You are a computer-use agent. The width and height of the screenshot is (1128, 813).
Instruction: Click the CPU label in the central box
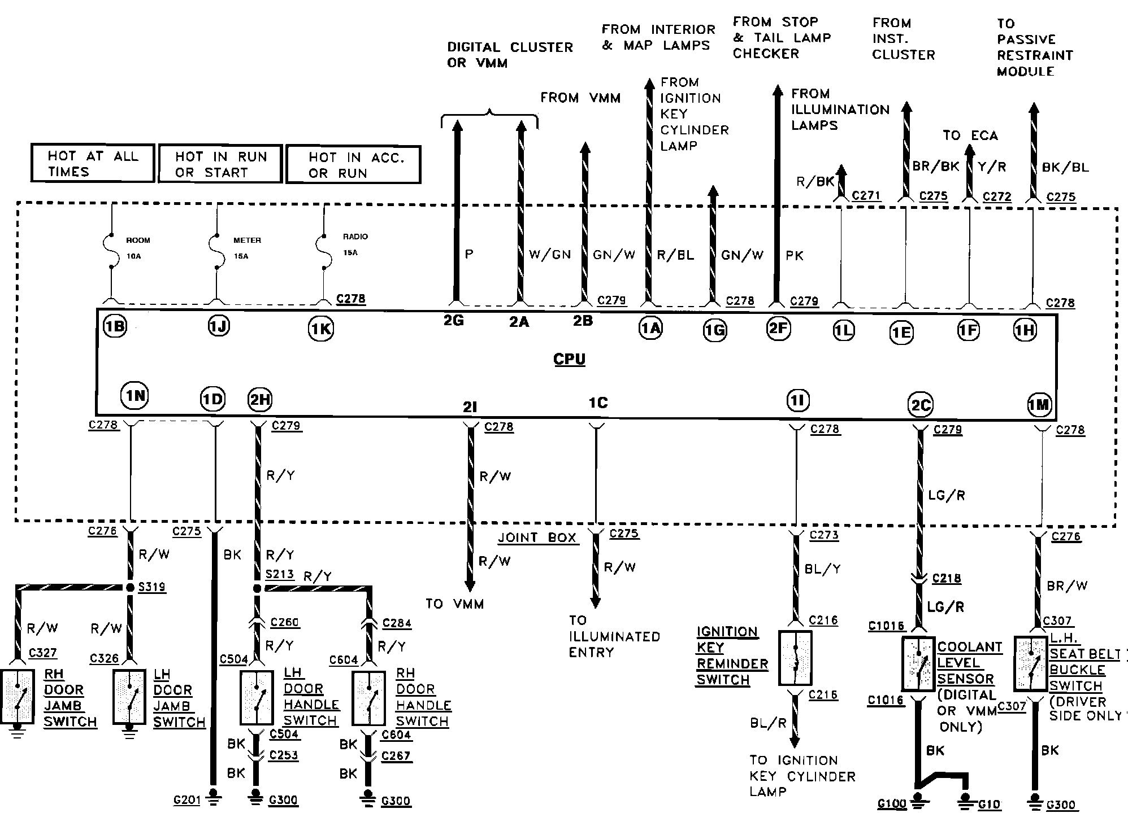[x=569, y=359]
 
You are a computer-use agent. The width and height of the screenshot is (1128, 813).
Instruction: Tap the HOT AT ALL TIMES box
[x=93, y=163]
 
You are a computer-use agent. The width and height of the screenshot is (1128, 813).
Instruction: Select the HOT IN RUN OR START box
[x=220, y=164]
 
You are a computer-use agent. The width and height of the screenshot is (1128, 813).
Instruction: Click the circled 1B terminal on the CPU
[x=115, y=326]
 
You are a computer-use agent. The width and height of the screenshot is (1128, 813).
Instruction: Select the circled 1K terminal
[x=321, y=329]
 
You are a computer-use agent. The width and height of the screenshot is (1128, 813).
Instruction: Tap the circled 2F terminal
[x=778, y=327]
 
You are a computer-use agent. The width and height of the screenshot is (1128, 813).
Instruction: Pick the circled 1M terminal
[x=1039, y=405]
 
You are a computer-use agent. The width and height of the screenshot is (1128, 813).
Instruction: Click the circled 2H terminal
[x=260, y=400]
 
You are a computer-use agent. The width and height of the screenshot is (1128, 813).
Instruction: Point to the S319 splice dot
[x=130, y=587]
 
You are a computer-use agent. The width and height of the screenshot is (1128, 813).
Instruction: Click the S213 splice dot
[x=257, y=588]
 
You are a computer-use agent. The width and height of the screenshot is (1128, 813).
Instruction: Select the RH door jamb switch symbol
[x=18, y=697]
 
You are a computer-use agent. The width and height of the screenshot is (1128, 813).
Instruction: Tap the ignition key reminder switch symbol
[x=795, y=658]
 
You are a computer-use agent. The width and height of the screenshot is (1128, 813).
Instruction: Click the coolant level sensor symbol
[x=918, y=664]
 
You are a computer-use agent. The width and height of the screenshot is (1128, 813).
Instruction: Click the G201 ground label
[x=188, y=800]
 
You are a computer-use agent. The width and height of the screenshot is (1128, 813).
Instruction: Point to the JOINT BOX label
[x=537, y=537]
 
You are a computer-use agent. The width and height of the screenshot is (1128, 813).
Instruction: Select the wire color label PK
[x=795, y=256]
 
